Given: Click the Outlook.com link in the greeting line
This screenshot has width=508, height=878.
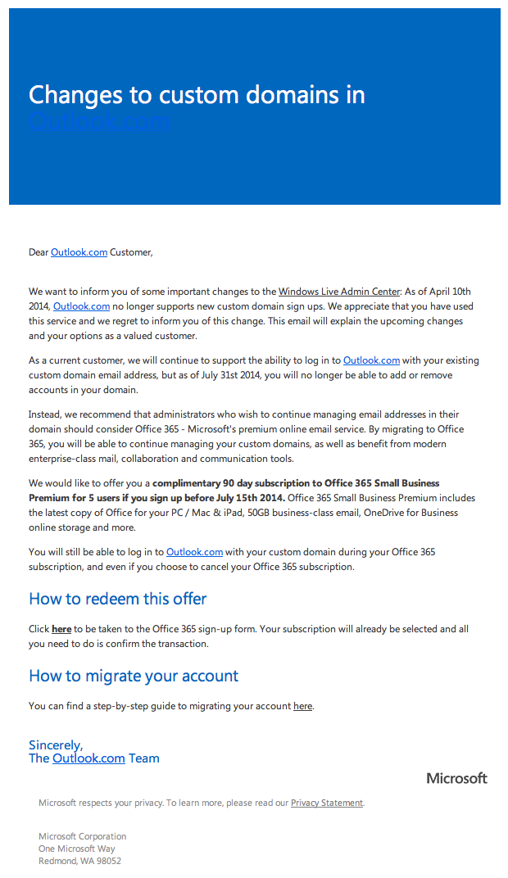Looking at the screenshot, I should point(79,252).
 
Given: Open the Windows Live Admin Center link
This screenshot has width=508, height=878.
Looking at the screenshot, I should point(339,292).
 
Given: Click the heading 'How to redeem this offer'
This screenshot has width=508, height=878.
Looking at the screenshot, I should point(117,599).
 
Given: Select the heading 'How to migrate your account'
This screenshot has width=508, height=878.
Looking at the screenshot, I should point(134,676).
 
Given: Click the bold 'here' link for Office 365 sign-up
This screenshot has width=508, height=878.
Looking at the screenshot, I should point(61,629).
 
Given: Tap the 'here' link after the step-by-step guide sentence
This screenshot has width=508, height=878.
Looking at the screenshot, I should point(302,706).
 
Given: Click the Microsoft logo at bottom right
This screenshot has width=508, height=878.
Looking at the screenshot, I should point(456,778).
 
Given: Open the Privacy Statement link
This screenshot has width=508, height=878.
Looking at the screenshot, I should point(326,803).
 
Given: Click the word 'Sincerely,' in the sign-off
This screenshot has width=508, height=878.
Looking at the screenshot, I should point(56,745).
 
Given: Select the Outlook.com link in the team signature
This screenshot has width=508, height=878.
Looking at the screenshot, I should point(88,758).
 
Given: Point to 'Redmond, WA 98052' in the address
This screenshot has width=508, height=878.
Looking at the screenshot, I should point(79,861).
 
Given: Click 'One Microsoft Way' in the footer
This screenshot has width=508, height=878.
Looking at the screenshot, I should point(77,849).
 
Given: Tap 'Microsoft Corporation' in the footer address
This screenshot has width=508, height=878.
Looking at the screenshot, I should point(83,836).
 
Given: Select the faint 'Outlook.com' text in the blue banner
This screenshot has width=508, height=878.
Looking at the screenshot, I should point(98,121).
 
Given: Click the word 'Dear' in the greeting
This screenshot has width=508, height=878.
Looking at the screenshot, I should point(39,252).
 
